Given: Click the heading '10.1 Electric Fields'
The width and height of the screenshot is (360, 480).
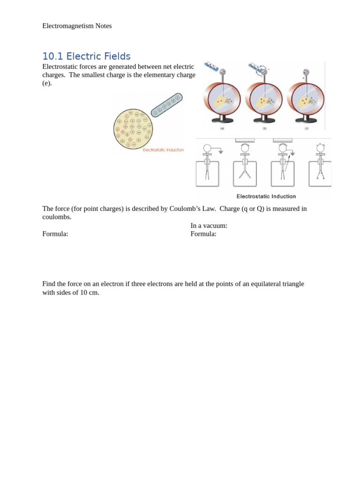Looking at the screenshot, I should click(x=86, y=56).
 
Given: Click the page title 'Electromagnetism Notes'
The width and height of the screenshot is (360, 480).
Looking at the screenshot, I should click(x=77, y=26).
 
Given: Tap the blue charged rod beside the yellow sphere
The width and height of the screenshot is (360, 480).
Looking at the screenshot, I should click(x=167, y=105).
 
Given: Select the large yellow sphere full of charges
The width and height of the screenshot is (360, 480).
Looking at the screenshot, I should click(x=133, y=129).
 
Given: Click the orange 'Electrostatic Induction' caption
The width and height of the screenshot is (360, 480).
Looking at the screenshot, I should click(x=163, y=150).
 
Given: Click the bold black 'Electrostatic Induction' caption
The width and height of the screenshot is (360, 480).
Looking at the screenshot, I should click(x=266, y=196).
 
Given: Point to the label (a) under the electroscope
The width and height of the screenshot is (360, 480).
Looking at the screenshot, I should click(x=222, y=128).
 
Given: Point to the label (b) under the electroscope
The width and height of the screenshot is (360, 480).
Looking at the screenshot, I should click(x=264, y=128).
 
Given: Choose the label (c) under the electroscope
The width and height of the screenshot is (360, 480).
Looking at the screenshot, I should click(x=307, y=128).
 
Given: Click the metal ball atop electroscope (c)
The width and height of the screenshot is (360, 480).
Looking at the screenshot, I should click(x=306, y=72).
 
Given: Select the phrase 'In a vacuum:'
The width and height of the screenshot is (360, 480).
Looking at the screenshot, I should click(x=209, y=225).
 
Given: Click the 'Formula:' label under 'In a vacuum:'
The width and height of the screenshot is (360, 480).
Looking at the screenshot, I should click(x=203, y=234).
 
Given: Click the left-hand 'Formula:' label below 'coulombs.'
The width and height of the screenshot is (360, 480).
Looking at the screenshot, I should click(x=55, y=234).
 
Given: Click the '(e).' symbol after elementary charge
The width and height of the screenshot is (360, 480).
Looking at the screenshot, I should click(x=47, y=83).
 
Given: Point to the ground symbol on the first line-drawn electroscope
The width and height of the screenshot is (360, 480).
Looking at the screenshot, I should click(x=221, y=152).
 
